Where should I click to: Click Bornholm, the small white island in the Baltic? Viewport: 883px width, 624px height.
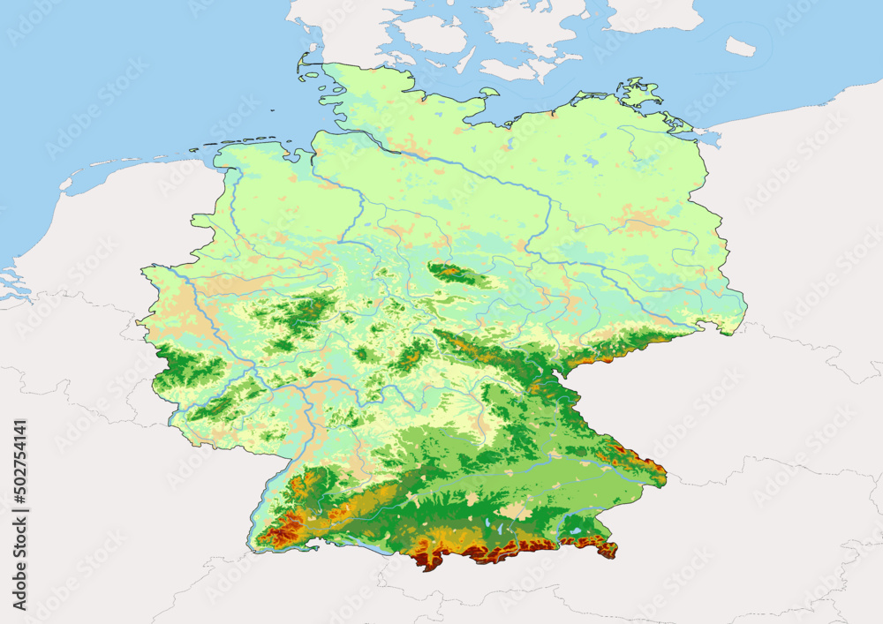(740, 47)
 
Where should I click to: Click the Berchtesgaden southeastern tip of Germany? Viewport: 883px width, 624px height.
(608, 550)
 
